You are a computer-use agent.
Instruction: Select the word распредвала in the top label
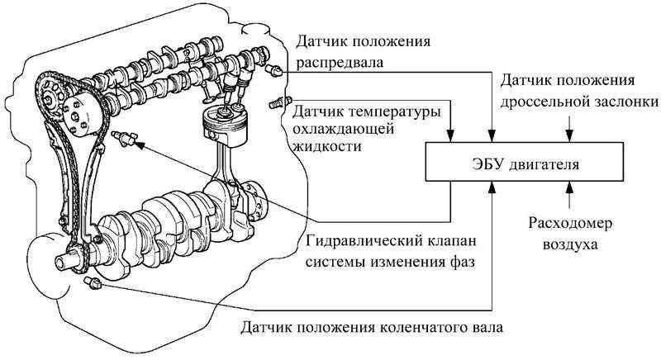tap(340, 60)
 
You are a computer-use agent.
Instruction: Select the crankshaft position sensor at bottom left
tap(93, 283)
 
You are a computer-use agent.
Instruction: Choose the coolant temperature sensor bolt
tap(276, 107)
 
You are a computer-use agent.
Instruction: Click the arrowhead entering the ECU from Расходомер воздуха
tap(568, 188)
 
